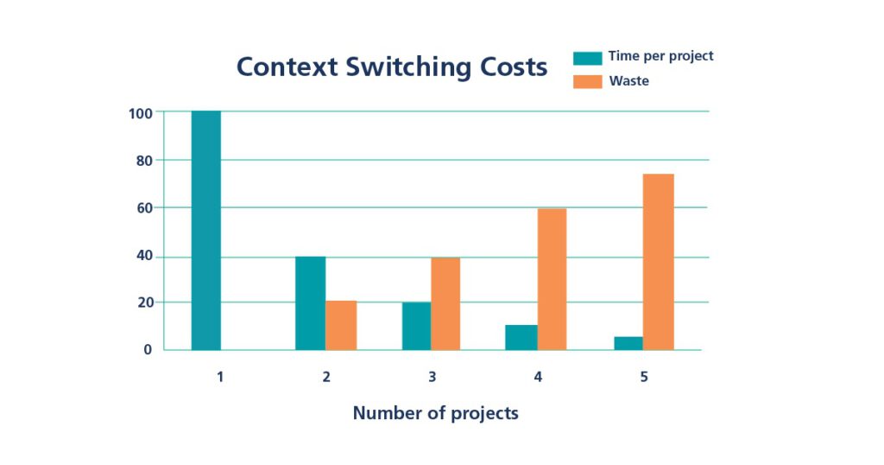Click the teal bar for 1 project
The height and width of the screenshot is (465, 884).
[x=205, y=230]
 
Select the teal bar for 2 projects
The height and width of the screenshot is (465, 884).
[x=310, y=303]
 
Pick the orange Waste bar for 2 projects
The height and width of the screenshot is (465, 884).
[x=341, y=325]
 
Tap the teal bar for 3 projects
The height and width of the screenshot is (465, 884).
[x=416, y=326]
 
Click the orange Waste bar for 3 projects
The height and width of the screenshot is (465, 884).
[x=445, y=303]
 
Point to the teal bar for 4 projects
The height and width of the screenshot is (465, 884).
[x=521, y=337]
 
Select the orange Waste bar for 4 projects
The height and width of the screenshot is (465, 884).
[x=552, y=278]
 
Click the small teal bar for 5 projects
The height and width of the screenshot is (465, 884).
[x=628, y=343]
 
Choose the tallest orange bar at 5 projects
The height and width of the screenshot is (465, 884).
[x=658, y=262]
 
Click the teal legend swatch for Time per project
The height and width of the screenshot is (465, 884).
[x=587, y=58]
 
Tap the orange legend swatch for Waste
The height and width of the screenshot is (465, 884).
[x=587, y=81]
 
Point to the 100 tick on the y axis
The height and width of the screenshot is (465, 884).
[x=141, y=113]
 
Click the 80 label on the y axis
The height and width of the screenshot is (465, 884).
[x=144, y=161]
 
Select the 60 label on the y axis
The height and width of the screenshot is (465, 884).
[x=144, y=208]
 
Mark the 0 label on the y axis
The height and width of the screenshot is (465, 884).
[x=148, y=350]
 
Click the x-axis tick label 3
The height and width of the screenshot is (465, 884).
[x=432, y=377]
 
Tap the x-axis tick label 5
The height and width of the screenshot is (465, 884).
[x=644, y=377]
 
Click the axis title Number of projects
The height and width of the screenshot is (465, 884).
[x=435, y=413]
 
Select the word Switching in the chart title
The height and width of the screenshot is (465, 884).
[x=404, y=67]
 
